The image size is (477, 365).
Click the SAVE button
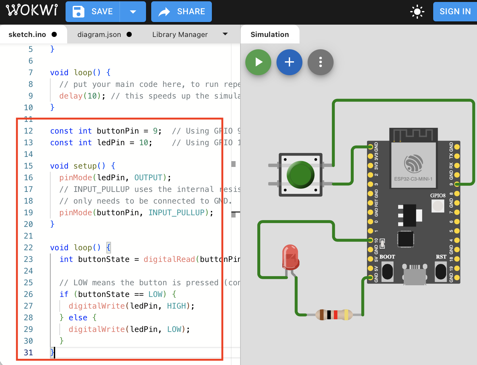tap(93, 12)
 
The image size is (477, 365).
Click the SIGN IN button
tap(455, 12)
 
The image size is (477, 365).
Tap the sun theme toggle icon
tap(417, 12)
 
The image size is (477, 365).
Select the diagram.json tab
tap(99, 35)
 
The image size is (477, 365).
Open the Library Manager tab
tap(180, 35)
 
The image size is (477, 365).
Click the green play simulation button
tap(258, 62)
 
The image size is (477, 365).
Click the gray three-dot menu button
tap(320, 62)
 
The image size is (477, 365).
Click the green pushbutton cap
tap(300, 175)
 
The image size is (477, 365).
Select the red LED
tap(290, 258)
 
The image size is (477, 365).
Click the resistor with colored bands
tap(334, 314)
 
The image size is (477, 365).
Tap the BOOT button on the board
tap(387, 272)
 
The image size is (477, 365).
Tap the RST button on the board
tap(441, 272)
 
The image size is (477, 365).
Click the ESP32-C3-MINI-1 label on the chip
tap(413, 179)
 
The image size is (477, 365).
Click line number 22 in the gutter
tap(29, 248)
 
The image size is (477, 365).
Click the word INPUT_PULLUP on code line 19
tap(176, 213)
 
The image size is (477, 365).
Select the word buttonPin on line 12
tap(118, 131)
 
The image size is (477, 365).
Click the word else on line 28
tap(78, 318)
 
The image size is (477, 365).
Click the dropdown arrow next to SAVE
tap(133, 12)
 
